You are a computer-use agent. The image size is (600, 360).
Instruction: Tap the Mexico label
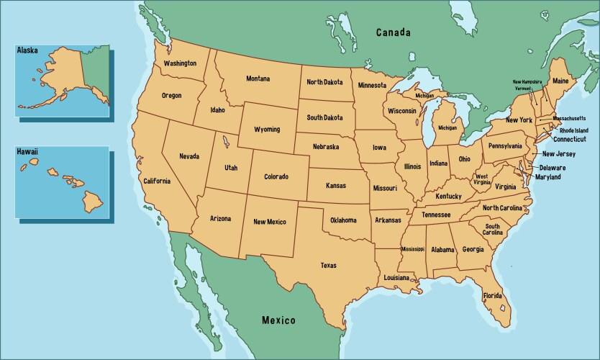278,320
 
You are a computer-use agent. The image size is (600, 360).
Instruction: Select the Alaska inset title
27,51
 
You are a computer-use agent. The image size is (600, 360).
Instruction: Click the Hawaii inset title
28,152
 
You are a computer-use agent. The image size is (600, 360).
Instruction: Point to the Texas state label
328,265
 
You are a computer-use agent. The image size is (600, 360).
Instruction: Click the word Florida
492,296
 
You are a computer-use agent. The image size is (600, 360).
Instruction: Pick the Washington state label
180,63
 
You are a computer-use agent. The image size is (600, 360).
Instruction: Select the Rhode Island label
573,130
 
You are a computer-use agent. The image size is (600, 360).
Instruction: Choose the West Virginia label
481,179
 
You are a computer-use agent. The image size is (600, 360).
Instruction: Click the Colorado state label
276,176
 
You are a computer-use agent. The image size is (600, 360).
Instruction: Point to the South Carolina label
492,229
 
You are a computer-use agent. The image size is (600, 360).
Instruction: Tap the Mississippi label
413,249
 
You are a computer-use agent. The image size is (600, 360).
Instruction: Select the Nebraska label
326,147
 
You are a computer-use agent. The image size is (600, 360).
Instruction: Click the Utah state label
231,167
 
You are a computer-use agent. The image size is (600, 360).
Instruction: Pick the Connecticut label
569,140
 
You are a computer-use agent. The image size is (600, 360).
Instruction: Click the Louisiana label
396,277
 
